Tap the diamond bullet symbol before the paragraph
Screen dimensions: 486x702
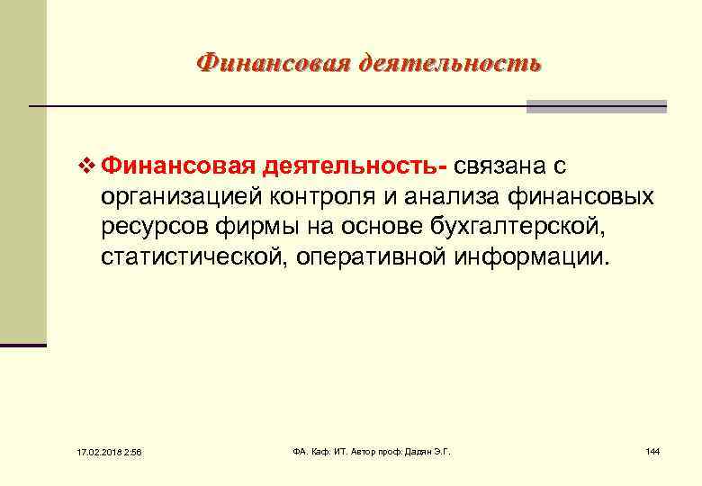86,166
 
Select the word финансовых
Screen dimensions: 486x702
589,197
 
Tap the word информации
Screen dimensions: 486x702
535,259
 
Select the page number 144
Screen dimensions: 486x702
652,450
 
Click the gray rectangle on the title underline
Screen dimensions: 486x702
596,106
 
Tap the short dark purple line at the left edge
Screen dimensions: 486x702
23,345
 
